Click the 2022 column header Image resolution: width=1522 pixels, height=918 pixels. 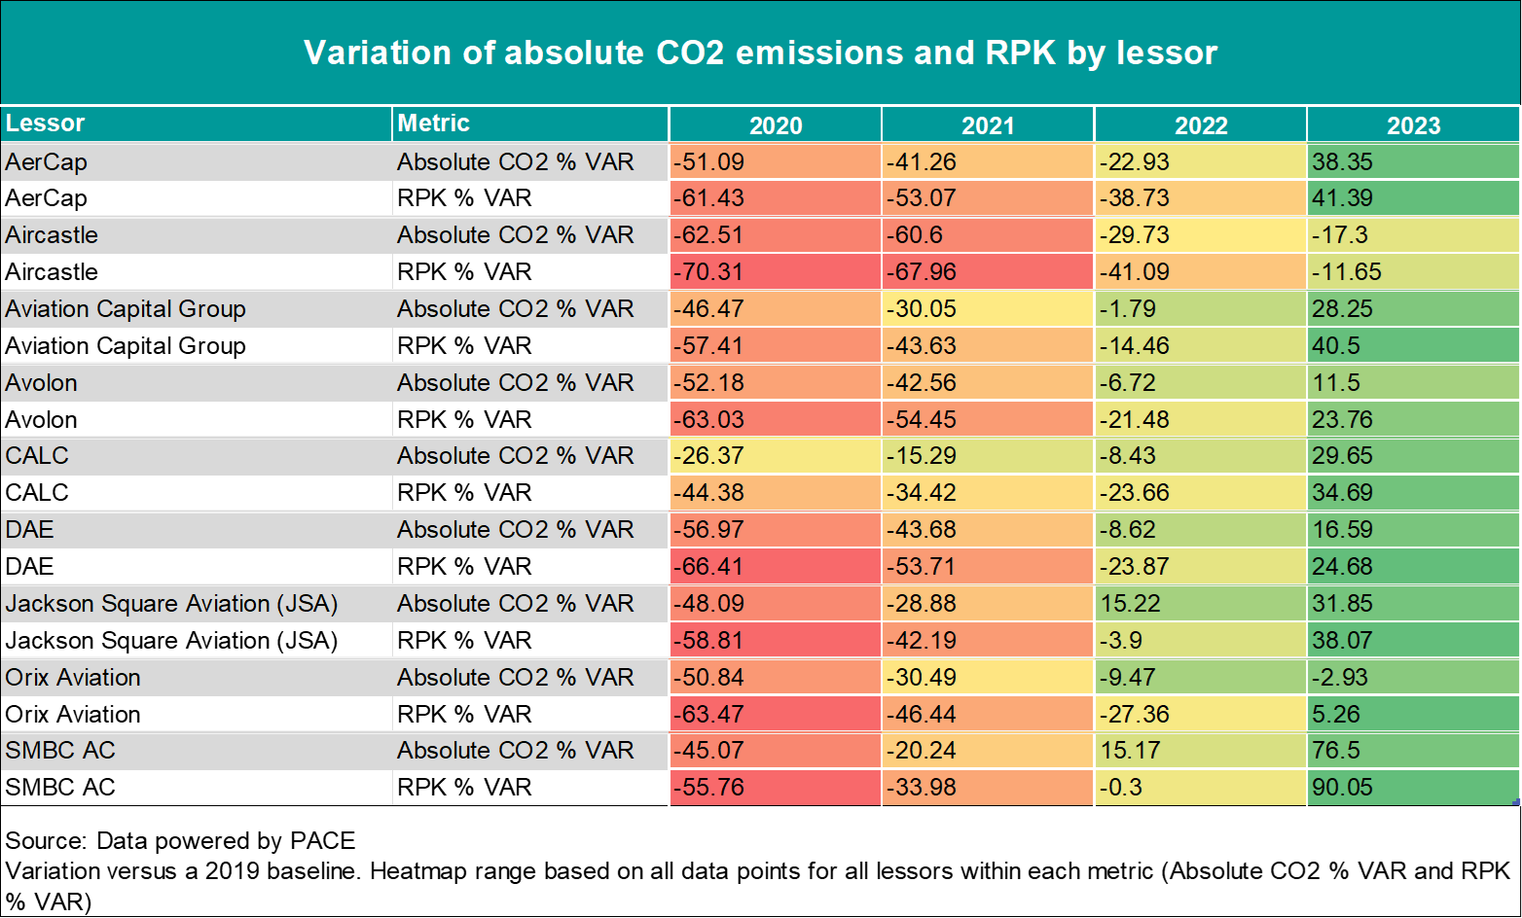1201,125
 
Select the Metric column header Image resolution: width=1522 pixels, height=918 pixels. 433,123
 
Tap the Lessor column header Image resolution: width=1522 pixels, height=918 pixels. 45,123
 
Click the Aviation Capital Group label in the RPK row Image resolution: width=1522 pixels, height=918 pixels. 125,345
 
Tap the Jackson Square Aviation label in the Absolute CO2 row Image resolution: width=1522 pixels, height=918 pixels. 171,603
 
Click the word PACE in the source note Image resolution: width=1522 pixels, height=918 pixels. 322,840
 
